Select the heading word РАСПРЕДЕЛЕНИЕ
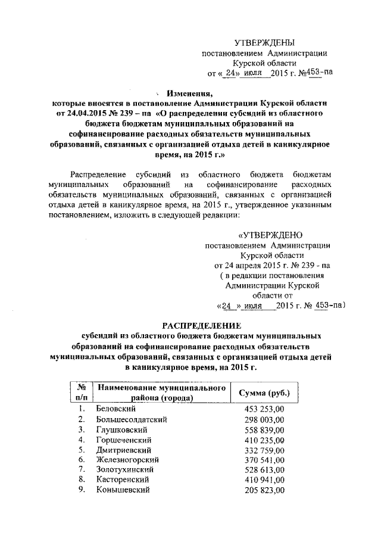click(202, 326)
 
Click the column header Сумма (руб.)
click(264, 393)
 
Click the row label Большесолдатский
click(131, 419)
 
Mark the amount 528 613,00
click(265, 470)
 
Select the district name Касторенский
click(124, 480)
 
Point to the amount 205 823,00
click(265, 490)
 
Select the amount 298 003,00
click(265, 419)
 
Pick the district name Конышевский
click(123, 490)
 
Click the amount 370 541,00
click(265, 460)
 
